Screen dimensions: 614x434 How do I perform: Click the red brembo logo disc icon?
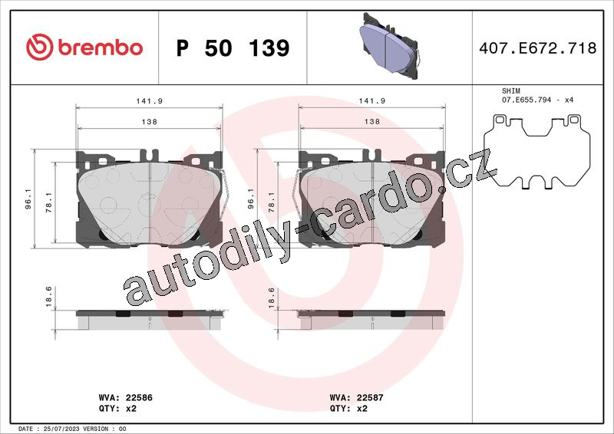click(x=39, y=47)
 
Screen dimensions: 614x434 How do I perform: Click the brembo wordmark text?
click(x=101, y=48)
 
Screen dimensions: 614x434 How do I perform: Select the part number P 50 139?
click(x=233, y=48)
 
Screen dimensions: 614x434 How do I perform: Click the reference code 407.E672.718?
click(x=538, y=48)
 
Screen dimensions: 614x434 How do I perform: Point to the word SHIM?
click(x=511, y=90)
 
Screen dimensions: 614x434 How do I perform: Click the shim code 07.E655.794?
click(x=527, y=100)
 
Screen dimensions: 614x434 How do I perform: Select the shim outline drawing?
click(x=536, y=153)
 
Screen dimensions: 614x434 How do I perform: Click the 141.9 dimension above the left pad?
click(x=149, y=101)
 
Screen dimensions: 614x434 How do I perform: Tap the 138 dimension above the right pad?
click(x=372, y=121)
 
